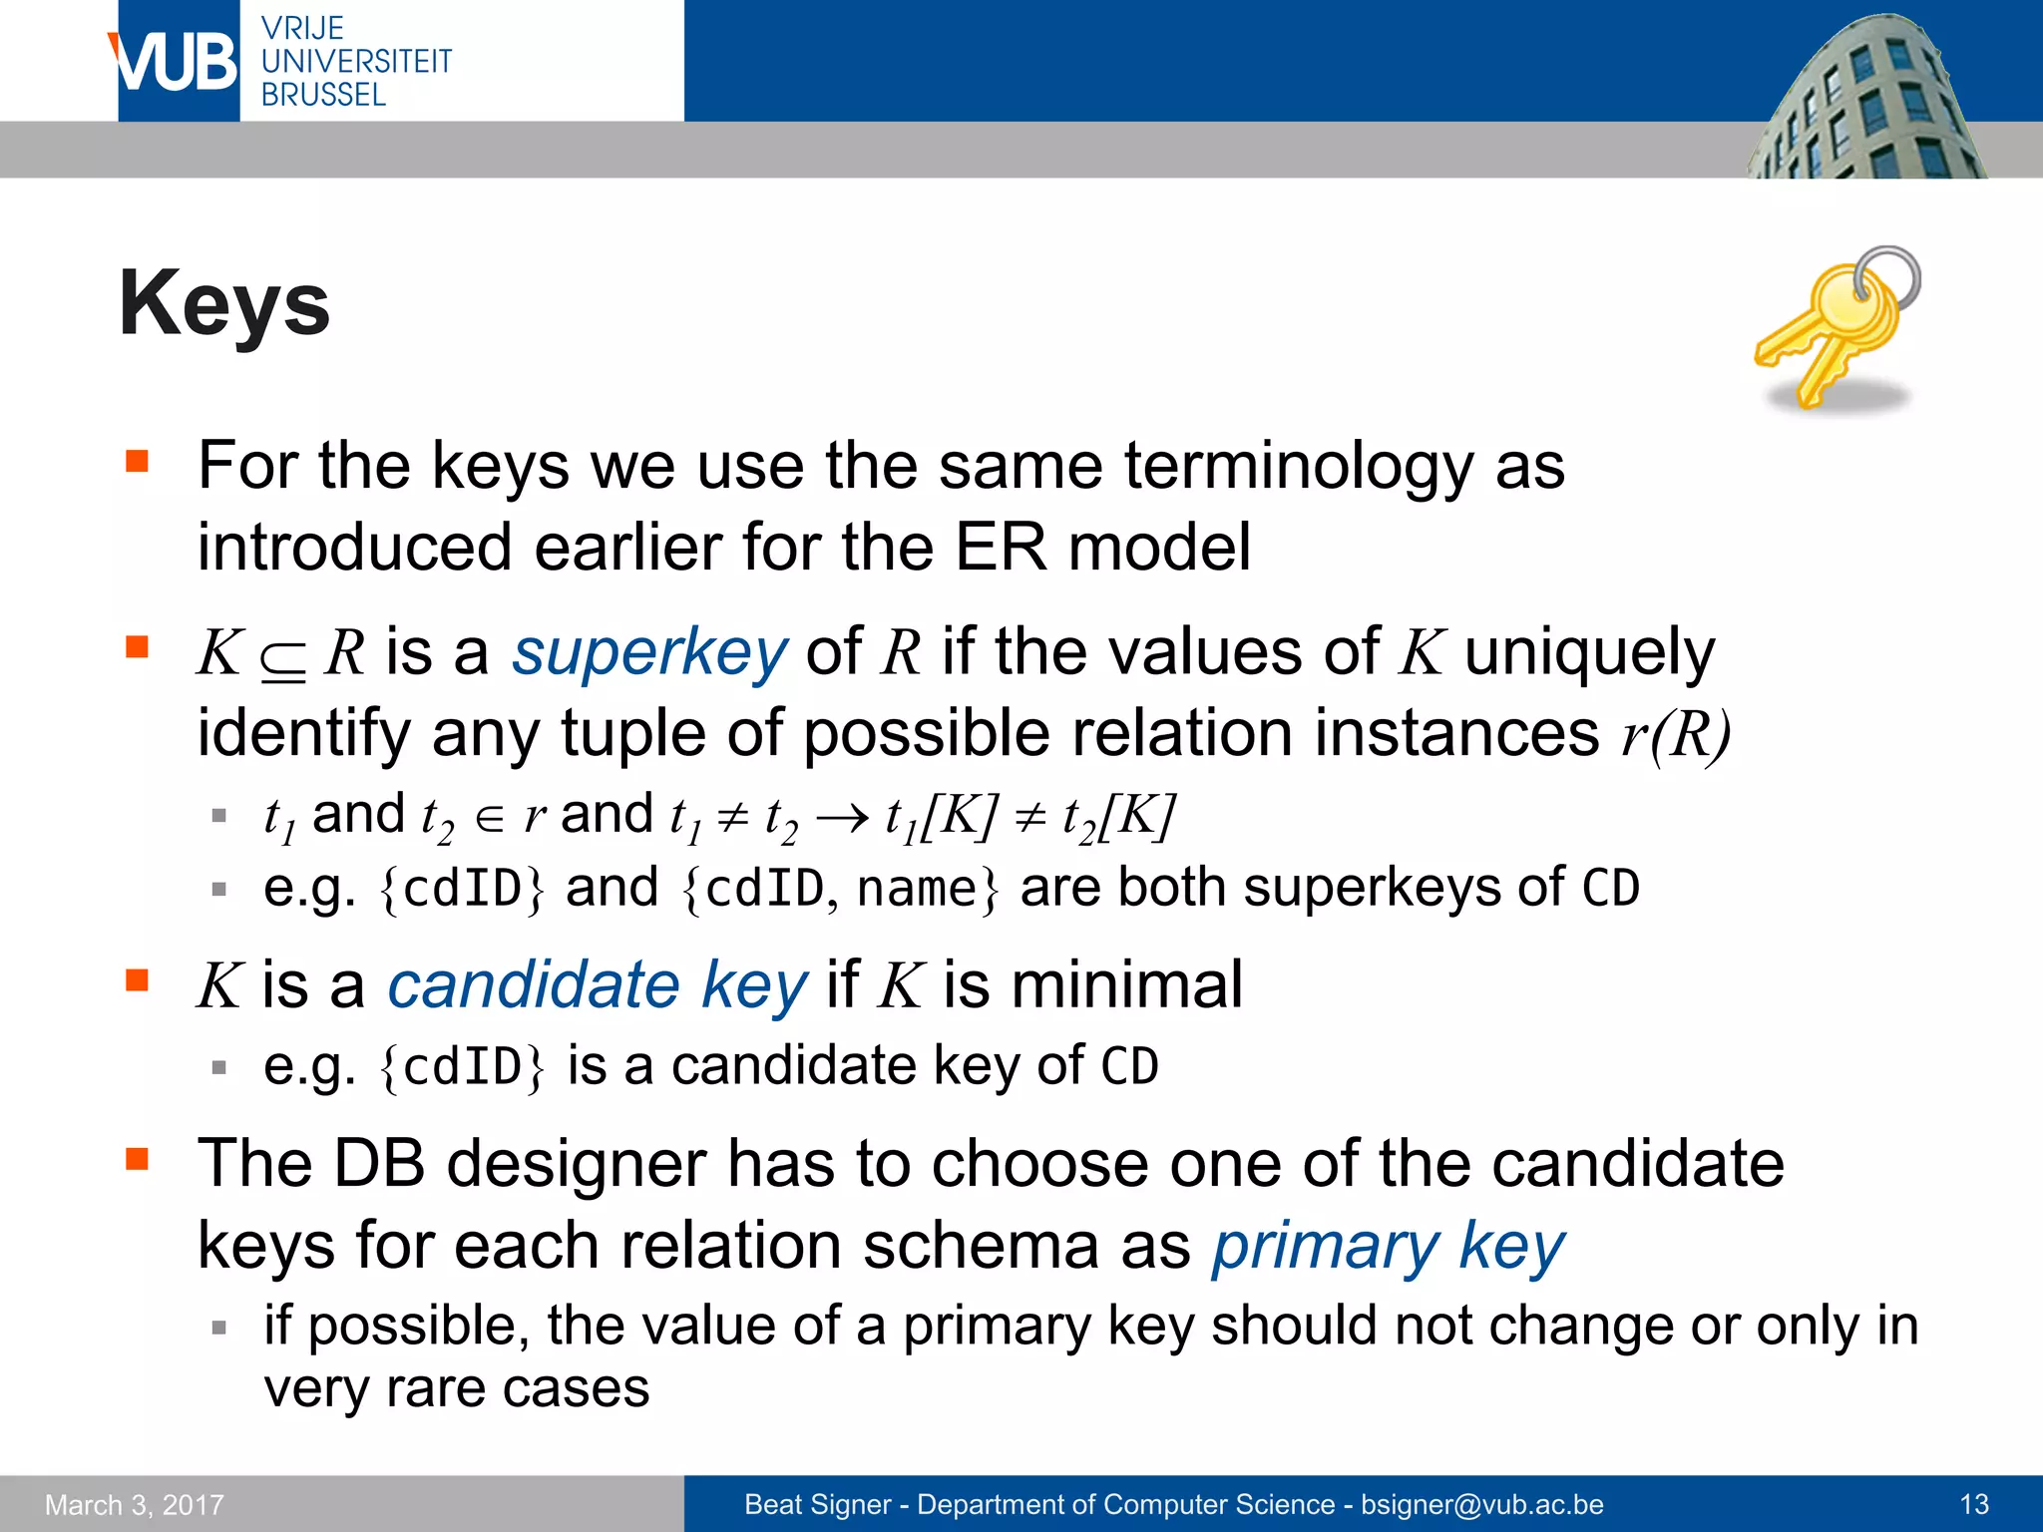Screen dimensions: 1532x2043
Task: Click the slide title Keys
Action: click(224, 304)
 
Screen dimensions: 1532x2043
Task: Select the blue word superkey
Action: click(649, 653)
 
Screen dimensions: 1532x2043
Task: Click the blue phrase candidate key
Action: click(597, 985)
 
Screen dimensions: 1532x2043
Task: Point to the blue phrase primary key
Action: click(1388, 1247)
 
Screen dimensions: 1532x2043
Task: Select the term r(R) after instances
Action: click(1676, 735)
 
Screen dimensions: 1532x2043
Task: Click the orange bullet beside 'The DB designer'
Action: click(137, 1159)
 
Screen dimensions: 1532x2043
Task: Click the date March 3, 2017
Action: click(135, 1505)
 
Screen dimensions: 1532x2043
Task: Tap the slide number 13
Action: click(1974, 1504)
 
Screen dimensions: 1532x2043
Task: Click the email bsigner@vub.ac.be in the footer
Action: click(1482, 1504)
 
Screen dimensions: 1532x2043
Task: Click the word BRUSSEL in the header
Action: click(323, 96)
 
